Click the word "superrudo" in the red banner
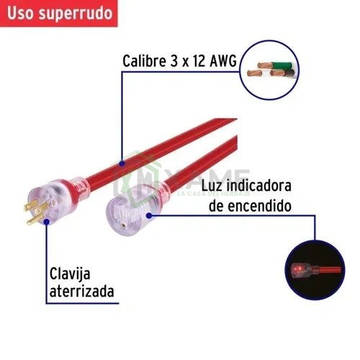[x=76, y=14]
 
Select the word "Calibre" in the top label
[x=144, y=60]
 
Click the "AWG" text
[x=223, y=60]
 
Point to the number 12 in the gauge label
[x=198, y=61]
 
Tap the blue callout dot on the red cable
[x=122, y=164]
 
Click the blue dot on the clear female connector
[x=149, y=215]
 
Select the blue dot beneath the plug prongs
[x=47, y=222]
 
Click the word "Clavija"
[x=70, y=274]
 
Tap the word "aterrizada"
[x=81, y=292]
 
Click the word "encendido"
[x=259, y=206]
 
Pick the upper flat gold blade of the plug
[x=31, y=206]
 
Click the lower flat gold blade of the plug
[x=35, y=220]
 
